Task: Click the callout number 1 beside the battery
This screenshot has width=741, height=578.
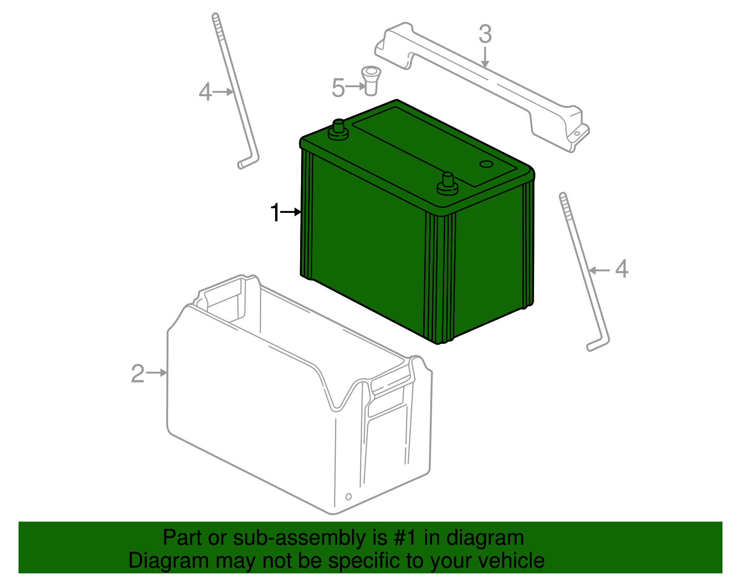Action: click(275, 213)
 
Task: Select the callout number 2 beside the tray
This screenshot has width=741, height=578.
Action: click(138, 373)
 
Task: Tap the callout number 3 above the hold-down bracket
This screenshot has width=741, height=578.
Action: click(485, 35)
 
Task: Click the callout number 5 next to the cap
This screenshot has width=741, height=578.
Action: click(338, 88)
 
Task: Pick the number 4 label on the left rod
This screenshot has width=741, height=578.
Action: click(205, 92)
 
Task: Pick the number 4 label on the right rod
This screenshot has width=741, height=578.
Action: click(622, 269)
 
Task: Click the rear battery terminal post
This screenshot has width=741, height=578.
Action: click(338, 129)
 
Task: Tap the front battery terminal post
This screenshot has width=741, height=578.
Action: click(447, 183)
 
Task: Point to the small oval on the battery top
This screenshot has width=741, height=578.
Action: click(486, 164)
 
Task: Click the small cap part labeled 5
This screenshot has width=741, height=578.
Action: click(370, 80)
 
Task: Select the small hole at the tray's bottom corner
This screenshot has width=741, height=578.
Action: click(348, 497)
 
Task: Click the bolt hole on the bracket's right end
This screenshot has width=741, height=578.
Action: click(577, 134)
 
